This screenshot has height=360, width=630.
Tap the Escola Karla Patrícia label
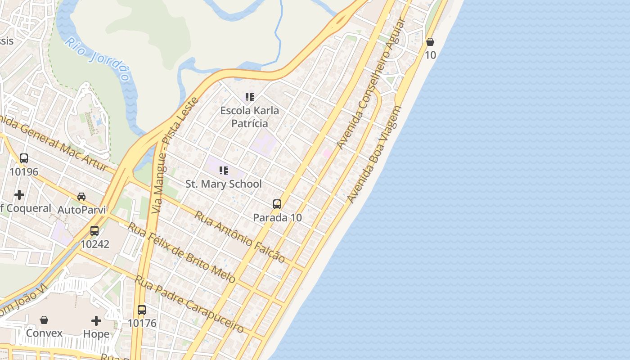[250, 117]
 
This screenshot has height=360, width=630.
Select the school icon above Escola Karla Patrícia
[250, 97]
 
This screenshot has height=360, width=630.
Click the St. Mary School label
[224, 184]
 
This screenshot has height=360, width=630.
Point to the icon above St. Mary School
[224, 171]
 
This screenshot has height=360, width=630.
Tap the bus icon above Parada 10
[277, 204]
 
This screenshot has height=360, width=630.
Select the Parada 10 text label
[277, 217]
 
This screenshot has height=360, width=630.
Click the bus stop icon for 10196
[24, 158]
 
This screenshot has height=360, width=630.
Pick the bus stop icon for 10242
[94, 231]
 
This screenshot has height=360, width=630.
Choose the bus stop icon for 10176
[142, 310]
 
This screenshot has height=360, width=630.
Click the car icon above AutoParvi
[81, 197]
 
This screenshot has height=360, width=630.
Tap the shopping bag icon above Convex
[44, 320]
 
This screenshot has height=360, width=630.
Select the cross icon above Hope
[96, 321]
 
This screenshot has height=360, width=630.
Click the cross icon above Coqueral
[19, 195]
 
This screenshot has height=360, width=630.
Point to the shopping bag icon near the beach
[430, 42]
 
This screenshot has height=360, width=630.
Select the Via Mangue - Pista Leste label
[175, 155]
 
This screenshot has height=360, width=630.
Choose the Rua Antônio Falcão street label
[240, 237]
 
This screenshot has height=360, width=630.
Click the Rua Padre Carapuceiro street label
[189, 304]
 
